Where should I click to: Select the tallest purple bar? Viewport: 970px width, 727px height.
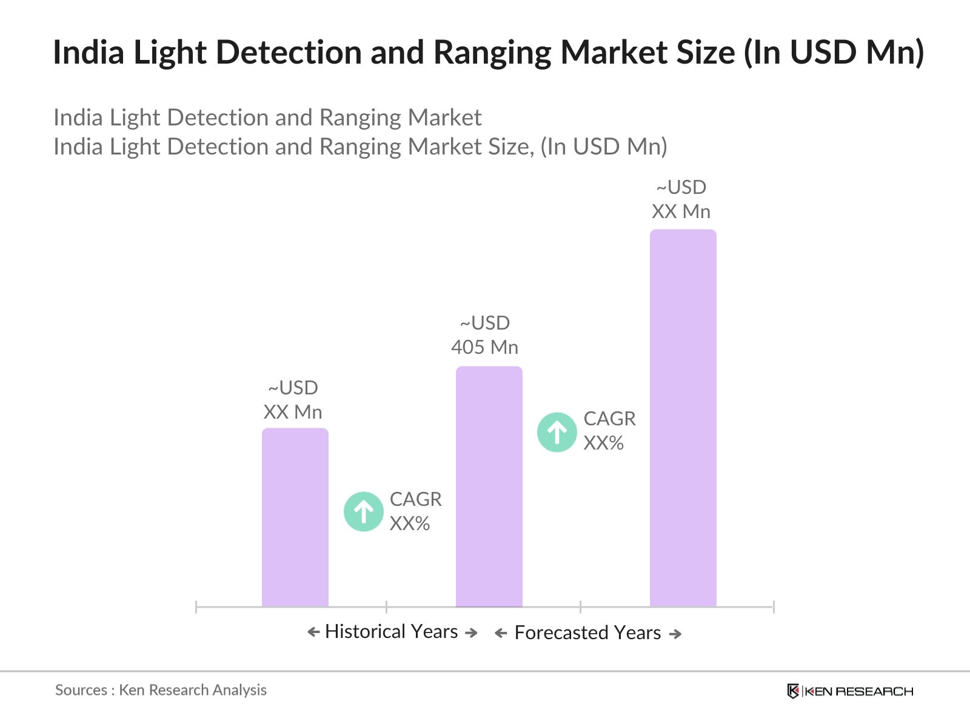tap(683, 418)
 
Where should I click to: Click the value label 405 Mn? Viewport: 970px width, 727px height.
tap(484, 347)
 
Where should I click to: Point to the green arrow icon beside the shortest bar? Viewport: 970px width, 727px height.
tap(364, 512)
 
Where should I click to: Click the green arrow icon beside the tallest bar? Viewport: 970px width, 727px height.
tap(557, 432)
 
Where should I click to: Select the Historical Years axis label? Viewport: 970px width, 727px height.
tap(392, 632)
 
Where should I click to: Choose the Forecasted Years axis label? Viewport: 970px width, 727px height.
tap(587, 633)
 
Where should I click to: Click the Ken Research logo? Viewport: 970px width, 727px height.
tap(850, 691)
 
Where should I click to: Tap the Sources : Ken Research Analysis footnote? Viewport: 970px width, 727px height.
tap(161, 690)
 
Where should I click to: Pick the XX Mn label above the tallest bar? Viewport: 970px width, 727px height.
tap(681, 211)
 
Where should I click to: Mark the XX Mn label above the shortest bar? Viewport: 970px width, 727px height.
tap(293, 412)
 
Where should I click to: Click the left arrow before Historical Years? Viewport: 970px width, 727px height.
tap(313, 632)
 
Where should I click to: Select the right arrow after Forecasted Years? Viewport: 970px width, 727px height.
tap(675, 634)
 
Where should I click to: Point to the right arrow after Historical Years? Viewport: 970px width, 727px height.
tap(471, 633)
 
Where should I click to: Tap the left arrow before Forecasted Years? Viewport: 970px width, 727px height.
tap(501, 634)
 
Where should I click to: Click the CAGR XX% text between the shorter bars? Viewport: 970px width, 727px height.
tap(415, 511)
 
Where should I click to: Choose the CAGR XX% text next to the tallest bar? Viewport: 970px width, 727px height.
tap(609, 431)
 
